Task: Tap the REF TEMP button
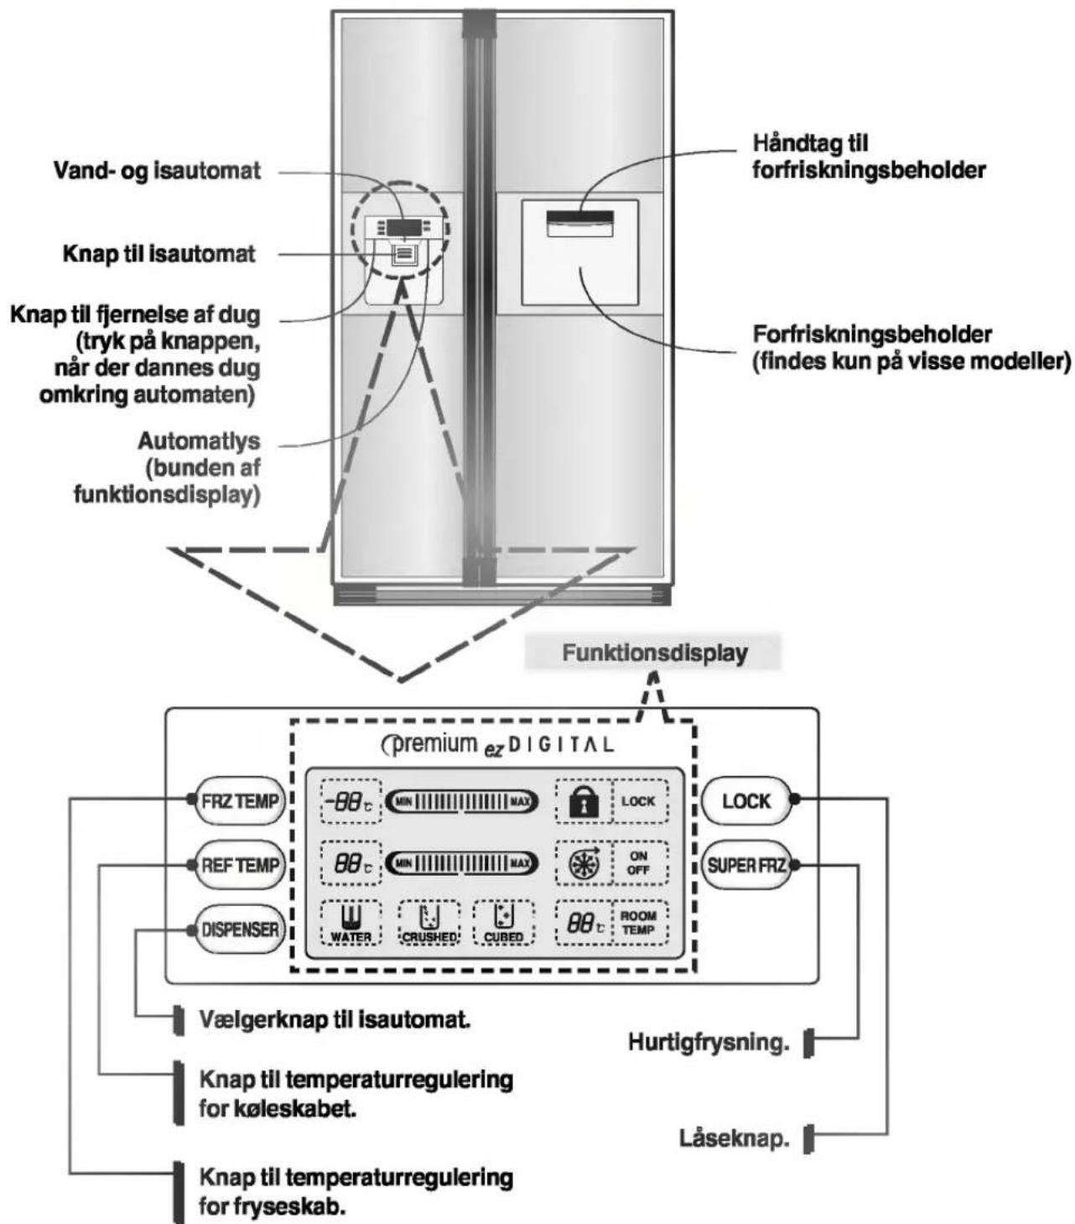coord(240,865)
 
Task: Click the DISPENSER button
coord(240,930)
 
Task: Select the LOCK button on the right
coord(746,801)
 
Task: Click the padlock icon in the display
coord(584,803)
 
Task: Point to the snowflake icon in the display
coord(584,865)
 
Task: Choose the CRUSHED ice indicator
coord(429,923)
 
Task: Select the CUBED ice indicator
coord(504,923)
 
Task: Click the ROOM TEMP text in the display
coord(638,923)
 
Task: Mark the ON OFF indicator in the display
coord(638,863)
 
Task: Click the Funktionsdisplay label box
coord(654,653)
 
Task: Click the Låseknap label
coord(735,1138)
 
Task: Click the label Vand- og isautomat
coord(157,171)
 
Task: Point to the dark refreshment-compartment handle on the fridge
coord(579,217)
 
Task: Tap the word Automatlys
coord(199,441)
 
